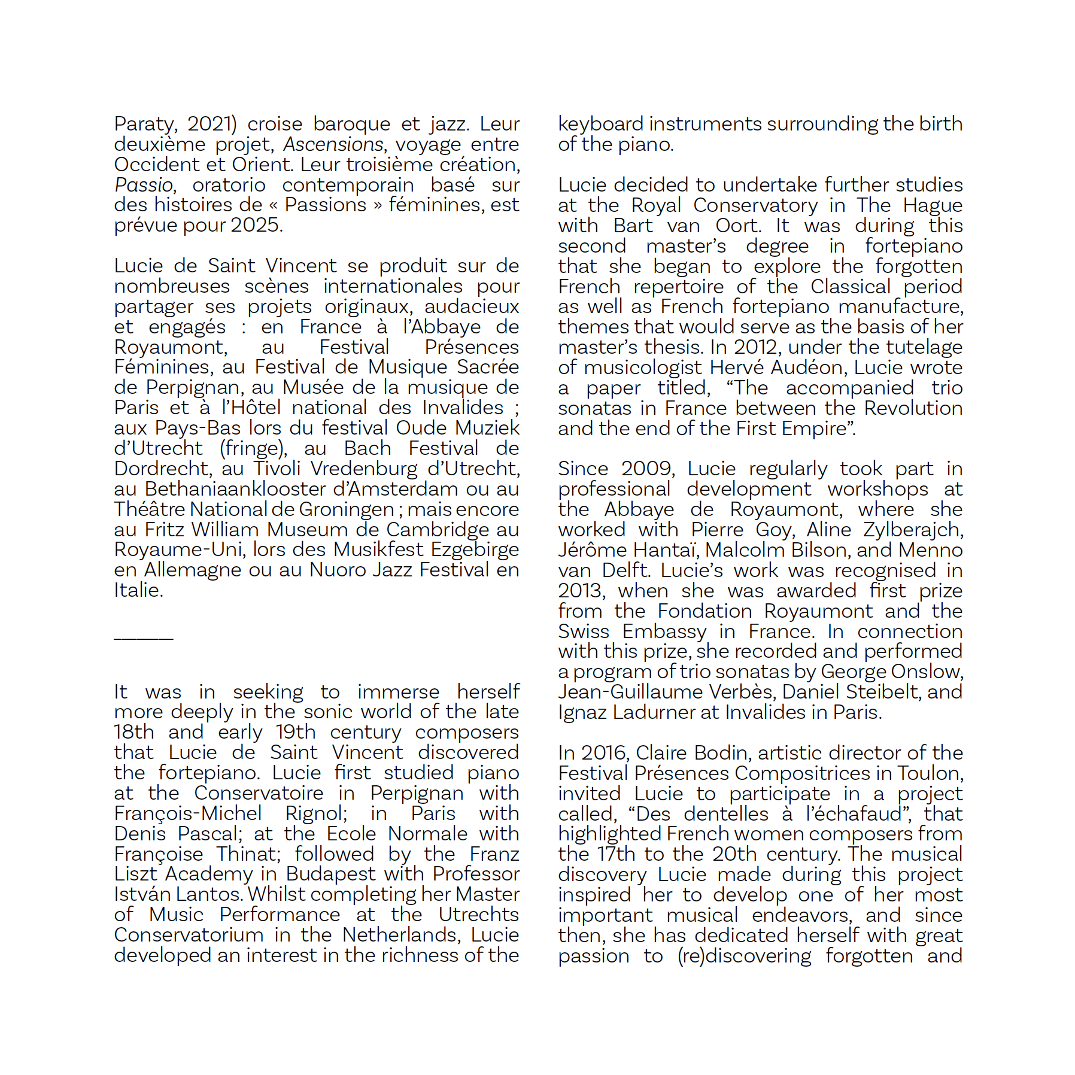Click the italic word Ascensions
coord(333,145)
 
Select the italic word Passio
coord(144,185)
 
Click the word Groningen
coord(346,509)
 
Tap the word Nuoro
coord(337,570)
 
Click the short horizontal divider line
coord(144,639)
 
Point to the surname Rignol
coord(315,813)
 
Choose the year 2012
coord(758,347)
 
